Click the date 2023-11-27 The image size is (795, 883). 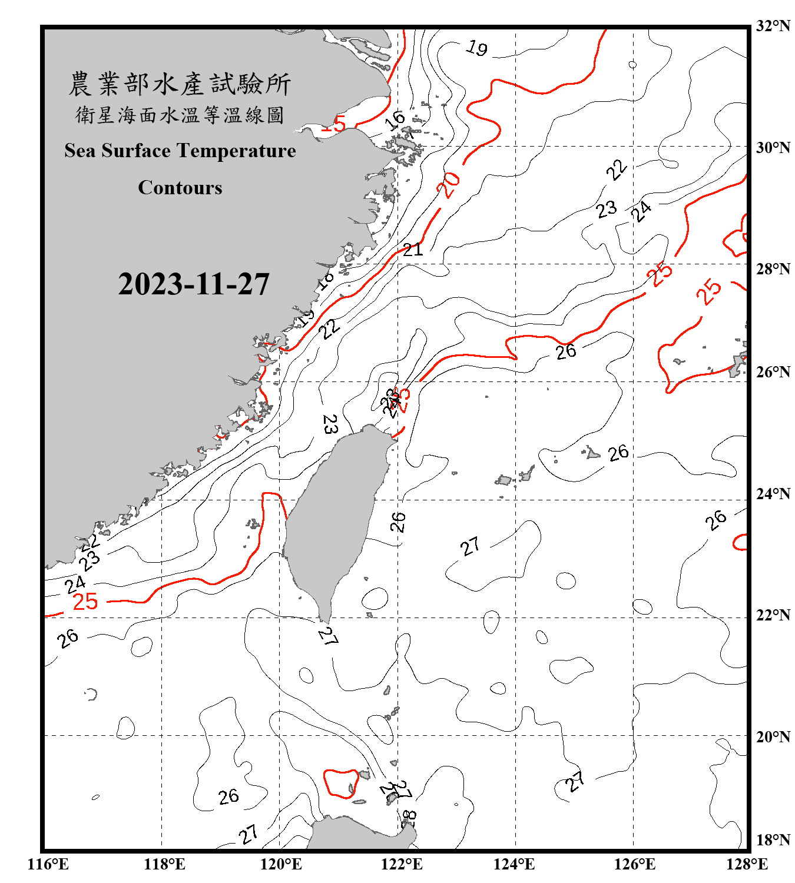tap(194, 284)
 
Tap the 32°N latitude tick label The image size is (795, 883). tap(773, 26)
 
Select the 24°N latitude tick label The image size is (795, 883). tap(773, 494)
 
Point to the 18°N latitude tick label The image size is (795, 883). tap(773, 839)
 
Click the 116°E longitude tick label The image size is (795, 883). tap(48, 864)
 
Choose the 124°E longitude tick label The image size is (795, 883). tap(514, 864)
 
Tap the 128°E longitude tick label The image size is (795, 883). tap(747, 864)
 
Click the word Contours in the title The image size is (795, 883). tap(180, 188)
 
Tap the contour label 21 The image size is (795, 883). tap(413, 250)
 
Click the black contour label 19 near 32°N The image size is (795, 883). tap(476, 48)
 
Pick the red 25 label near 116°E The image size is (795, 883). tap(85, 602)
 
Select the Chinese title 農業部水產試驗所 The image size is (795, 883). tap(180, 84)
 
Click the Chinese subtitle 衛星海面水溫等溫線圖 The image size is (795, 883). tap(180, 115)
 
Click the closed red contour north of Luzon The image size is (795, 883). tap(341, 783)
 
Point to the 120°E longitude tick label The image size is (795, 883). tap(281, 864)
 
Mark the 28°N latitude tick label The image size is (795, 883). tap(773, 269)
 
